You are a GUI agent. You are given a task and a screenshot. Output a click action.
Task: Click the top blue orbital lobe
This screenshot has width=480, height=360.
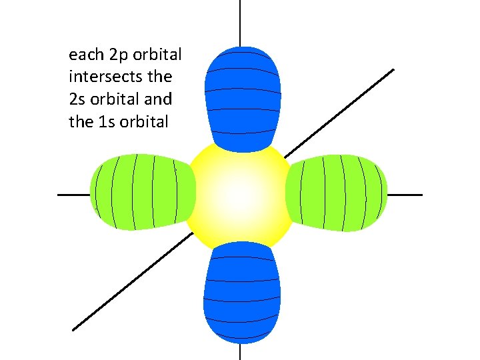[241, 97]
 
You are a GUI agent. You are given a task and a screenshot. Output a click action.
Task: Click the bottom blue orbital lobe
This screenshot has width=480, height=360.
[241, 293]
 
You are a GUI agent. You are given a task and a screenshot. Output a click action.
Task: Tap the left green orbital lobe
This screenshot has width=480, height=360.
[142, 192]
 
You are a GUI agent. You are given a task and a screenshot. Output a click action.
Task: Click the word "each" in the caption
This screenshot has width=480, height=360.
[85, 53]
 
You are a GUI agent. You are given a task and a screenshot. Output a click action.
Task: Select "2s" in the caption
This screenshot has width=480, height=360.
[77, 99]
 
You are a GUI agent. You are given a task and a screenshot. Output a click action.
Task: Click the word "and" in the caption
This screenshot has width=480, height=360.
[157, 99]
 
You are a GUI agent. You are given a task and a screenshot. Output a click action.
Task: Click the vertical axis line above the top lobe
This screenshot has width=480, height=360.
[240, 23]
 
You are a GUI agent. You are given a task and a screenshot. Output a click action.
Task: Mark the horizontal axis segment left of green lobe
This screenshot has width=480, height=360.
[73, 195]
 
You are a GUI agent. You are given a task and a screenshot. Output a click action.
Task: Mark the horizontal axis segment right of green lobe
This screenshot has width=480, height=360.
[405, 195]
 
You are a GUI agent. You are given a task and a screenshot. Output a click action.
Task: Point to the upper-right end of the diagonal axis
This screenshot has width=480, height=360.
[392, 70]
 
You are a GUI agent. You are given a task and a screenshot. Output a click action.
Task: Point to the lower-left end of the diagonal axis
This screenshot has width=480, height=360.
[74, 329]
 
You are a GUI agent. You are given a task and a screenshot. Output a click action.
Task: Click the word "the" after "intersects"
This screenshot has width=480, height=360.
[159, 76]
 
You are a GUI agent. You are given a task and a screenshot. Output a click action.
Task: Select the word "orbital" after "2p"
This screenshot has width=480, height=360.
[158, 53]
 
